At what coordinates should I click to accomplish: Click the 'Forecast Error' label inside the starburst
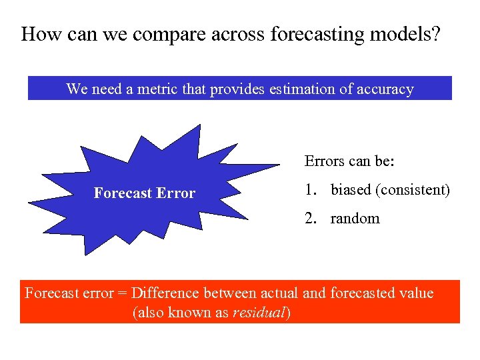145,193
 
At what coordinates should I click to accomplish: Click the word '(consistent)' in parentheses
413,190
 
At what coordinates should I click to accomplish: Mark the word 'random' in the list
355,219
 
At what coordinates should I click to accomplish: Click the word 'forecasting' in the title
313,35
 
